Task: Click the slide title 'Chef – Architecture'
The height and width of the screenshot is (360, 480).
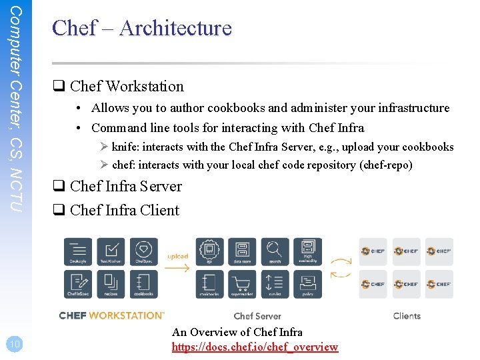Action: pyautogui.click(x=142, y=28)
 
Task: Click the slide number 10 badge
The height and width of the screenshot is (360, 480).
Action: pyautogui.click(x=15, y=344)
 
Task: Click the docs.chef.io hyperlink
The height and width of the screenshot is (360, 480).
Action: pyautogui.click(x=255, y=347)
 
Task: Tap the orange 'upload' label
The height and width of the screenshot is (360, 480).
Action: pyautogui.click(x=177, y=257)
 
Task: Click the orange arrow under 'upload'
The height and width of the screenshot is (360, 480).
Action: pyautogui.click(x=177, y=268)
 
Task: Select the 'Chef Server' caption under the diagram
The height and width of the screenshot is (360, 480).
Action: pyautogui.click(x=257, y=316)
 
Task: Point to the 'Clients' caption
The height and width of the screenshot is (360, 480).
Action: pyautogui.click(x=407, y=316)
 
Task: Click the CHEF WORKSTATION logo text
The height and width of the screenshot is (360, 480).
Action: pyautogui.click(x=111, y=315)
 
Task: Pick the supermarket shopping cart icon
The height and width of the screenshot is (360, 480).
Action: pyautogui.click(x=242, y=283)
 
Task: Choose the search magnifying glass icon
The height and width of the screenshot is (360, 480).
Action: pyautogui.click(x=275, y=251)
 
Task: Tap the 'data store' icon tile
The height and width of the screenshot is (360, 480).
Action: pyautogui.click(x=242, y=251)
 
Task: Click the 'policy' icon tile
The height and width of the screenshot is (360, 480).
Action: pyautogui.click(x=307, y=283)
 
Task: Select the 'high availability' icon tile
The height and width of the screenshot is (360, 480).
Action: pyautogui.click(x=307, y=251)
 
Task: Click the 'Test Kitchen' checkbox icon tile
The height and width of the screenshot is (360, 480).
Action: pyautogui.click(x=111, y=251)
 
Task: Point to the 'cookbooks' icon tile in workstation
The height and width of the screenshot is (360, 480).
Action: pyautogui.click(x=143, y=283)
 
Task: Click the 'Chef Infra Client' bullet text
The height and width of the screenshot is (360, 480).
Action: pyautogui.click(x=125, y=210)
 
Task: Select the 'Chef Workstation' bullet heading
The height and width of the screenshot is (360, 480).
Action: pyautogui.click(x=127, y=86)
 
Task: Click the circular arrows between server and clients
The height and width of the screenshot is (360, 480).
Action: pyautogui.click(x=341, y=267)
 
